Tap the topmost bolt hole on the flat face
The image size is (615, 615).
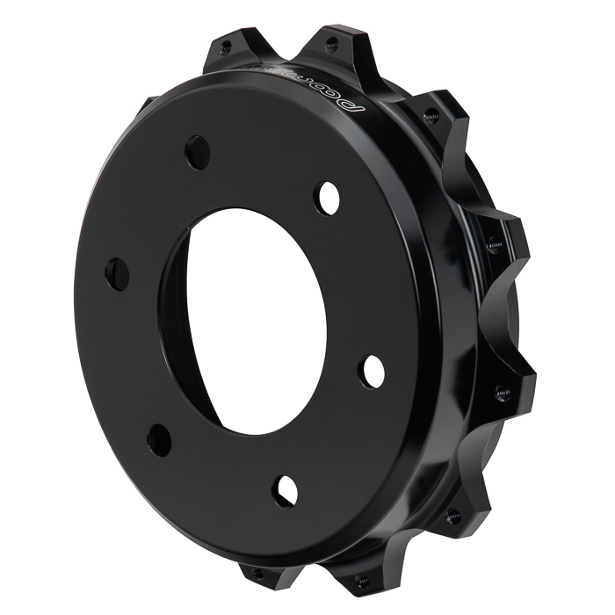[x=198, y=152]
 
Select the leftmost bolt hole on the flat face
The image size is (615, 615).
[x=117, y=273]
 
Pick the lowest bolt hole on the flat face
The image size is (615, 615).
[x=285, y=488]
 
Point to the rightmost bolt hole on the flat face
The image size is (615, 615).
[x=372, y=370]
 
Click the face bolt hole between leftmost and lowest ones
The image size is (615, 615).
[x=159, y=438]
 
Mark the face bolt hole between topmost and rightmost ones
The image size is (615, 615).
[x=328, y=198]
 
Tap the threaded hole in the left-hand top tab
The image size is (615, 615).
[x=227, y=46]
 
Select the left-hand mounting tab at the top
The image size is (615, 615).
[x=224, y=53]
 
